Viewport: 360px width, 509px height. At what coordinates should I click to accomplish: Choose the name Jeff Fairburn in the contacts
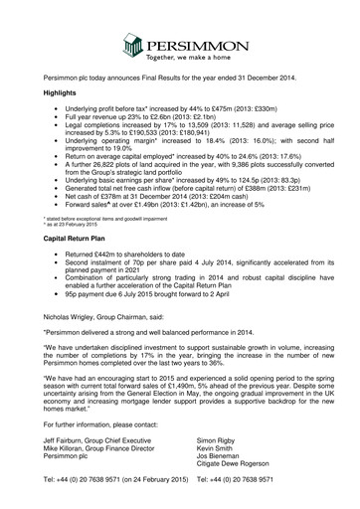(67, 467)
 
